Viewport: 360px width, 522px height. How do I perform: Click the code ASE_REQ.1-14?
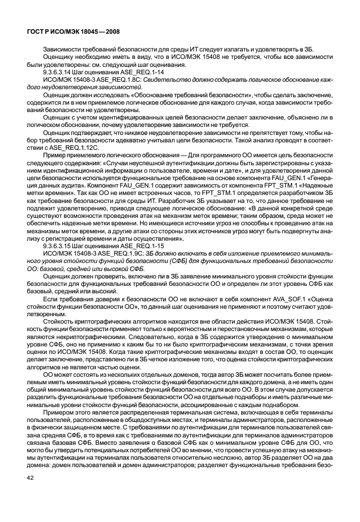[117, 73]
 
